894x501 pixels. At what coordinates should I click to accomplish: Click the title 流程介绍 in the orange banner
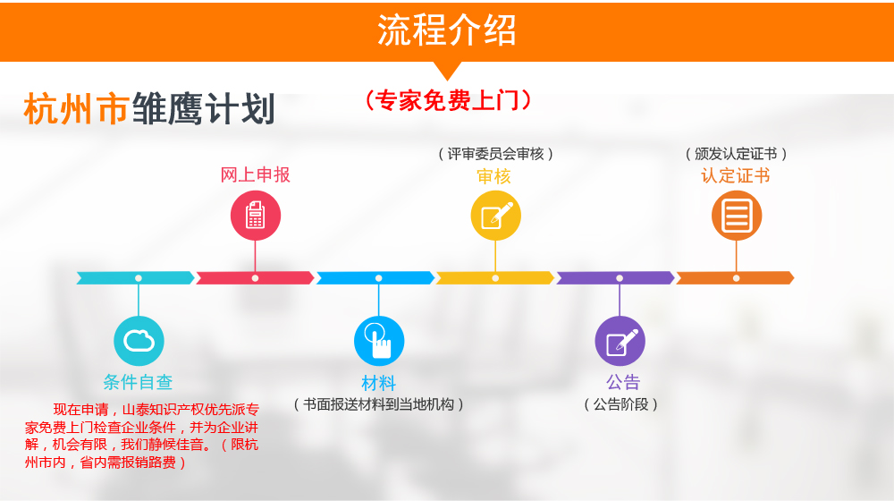[447, 30]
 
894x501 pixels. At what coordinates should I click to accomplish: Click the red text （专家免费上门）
[448, 100]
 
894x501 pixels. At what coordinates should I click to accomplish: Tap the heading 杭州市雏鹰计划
[149, 108]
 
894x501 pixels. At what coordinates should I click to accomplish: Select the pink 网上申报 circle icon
[256, 216]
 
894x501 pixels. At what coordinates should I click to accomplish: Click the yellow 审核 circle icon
[495, 216]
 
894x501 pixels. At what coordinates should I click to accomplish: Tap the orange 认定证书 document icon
[736, 216]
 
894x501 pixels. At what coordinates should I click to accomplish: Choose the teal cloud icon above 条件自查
[139, 341]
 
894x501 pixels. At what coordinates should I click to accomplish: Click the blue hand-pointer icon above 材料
[379, 341]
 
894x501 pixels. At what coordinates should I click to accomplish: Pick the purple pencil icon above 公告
[620, 341]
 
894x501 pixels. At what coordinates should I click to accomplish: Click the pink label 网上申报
[256, 174]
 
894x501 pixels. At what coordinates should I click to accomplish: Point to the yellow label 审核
[493, 176]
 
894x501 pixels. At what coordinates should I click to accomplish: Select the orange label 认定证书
[736, 175]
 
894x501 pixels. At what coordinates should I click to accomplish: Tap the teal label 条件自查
[138, 382]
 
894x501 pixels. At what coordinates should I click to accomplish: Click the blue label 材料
[378, 383]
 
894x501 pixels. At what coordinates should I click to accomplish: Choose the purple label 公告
[622, 382]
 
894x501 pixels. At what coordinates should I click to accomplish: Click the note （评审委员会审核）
[495, 154]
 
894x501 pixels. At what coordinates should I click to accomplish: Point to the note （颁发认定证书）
[736, 154]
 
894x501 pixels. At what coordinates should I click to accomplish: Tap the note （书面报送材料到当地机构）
[378, 404]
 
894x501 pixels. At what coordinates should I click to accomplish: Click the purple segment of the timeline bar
[616, 278]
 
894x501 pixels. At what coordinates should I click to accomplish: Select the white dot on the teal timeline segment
[139, 278]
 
